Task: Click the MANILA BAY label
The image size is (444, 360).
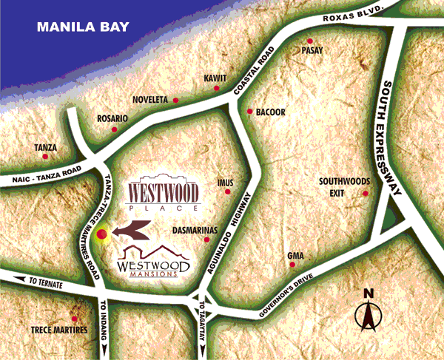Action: pyautogui.click(x=83, y=28)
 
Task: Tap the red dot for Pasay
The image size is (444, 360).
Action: pyautogui.click(x=311, y=40)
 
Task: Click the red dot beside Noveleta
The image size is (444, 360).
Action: pyautogui.click(x=176, y=100)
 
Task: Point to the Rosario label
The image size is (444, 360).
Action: pyautogui.click(x=112, y=118)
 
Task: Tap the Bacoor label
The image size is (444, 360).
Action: pyautogui.click(x=270, y=112)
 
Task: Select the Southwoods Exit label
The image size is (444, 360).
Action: pyautogui.click(x=343, y=186)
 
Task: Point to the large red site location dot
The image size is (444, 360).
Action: pyautogui.click(x=103, y=234)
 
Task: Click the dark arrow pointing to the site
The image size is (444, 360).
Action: pyautogui.click(x=133, y=234)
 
